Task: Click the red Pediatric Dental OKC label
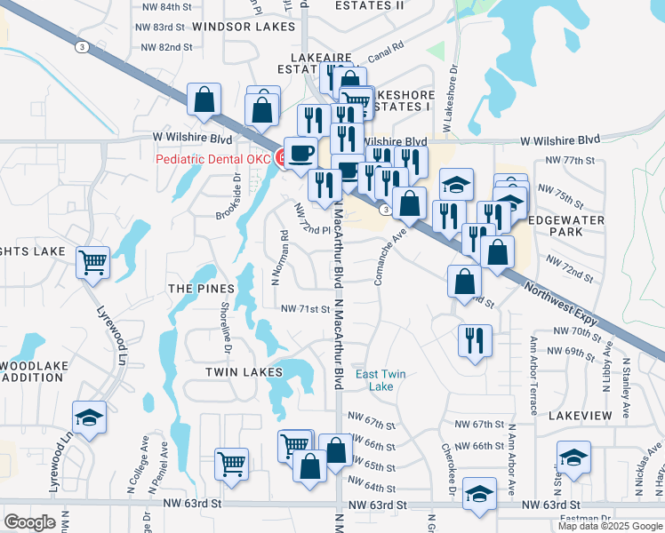[212, 159]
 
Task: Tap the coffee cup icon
[300, 153]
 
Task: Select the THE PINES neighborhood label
[201, 289]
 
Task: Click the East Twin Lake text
[381, 380]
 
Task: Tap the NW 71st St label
[305, 309]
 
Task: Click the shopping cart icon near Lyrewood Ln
[92, 262]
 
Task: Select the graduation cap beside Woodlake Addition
[89, 418]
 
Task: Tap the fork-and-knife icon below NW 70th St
[474, 338]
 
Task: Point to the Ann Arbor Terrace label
[533, 375]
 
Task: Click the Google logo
[30, 522]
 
